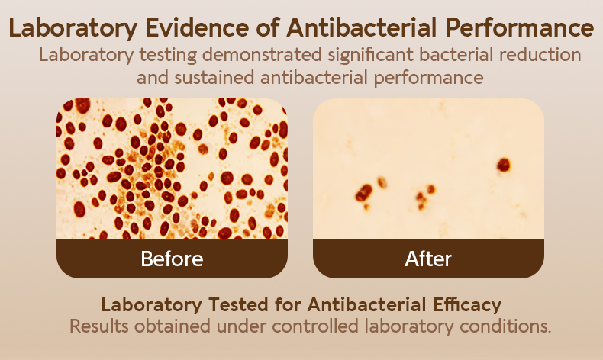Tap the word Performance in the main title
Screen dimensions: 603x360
(x=520, y=28)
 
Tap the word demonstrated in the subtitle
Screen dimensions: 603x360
(x=262, y=55)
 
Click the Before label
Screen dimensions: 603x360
(x=172, y=259)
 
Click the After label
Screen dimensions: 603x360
(x=428, y=259)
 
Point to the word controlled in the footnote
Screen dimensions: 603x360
(x=315, y=326)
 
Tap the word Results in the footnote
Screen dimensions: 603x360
(x=98, y=326)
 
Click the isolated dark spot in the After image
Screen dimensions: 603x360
(x=504, y=165)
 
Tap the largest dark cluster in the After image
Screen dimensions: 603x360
(x=363, y=192)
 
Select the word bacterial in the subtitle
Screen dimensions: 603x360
(x=456, y=55)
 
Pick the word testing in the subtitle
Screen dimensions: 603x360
(x=168, y=56)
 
